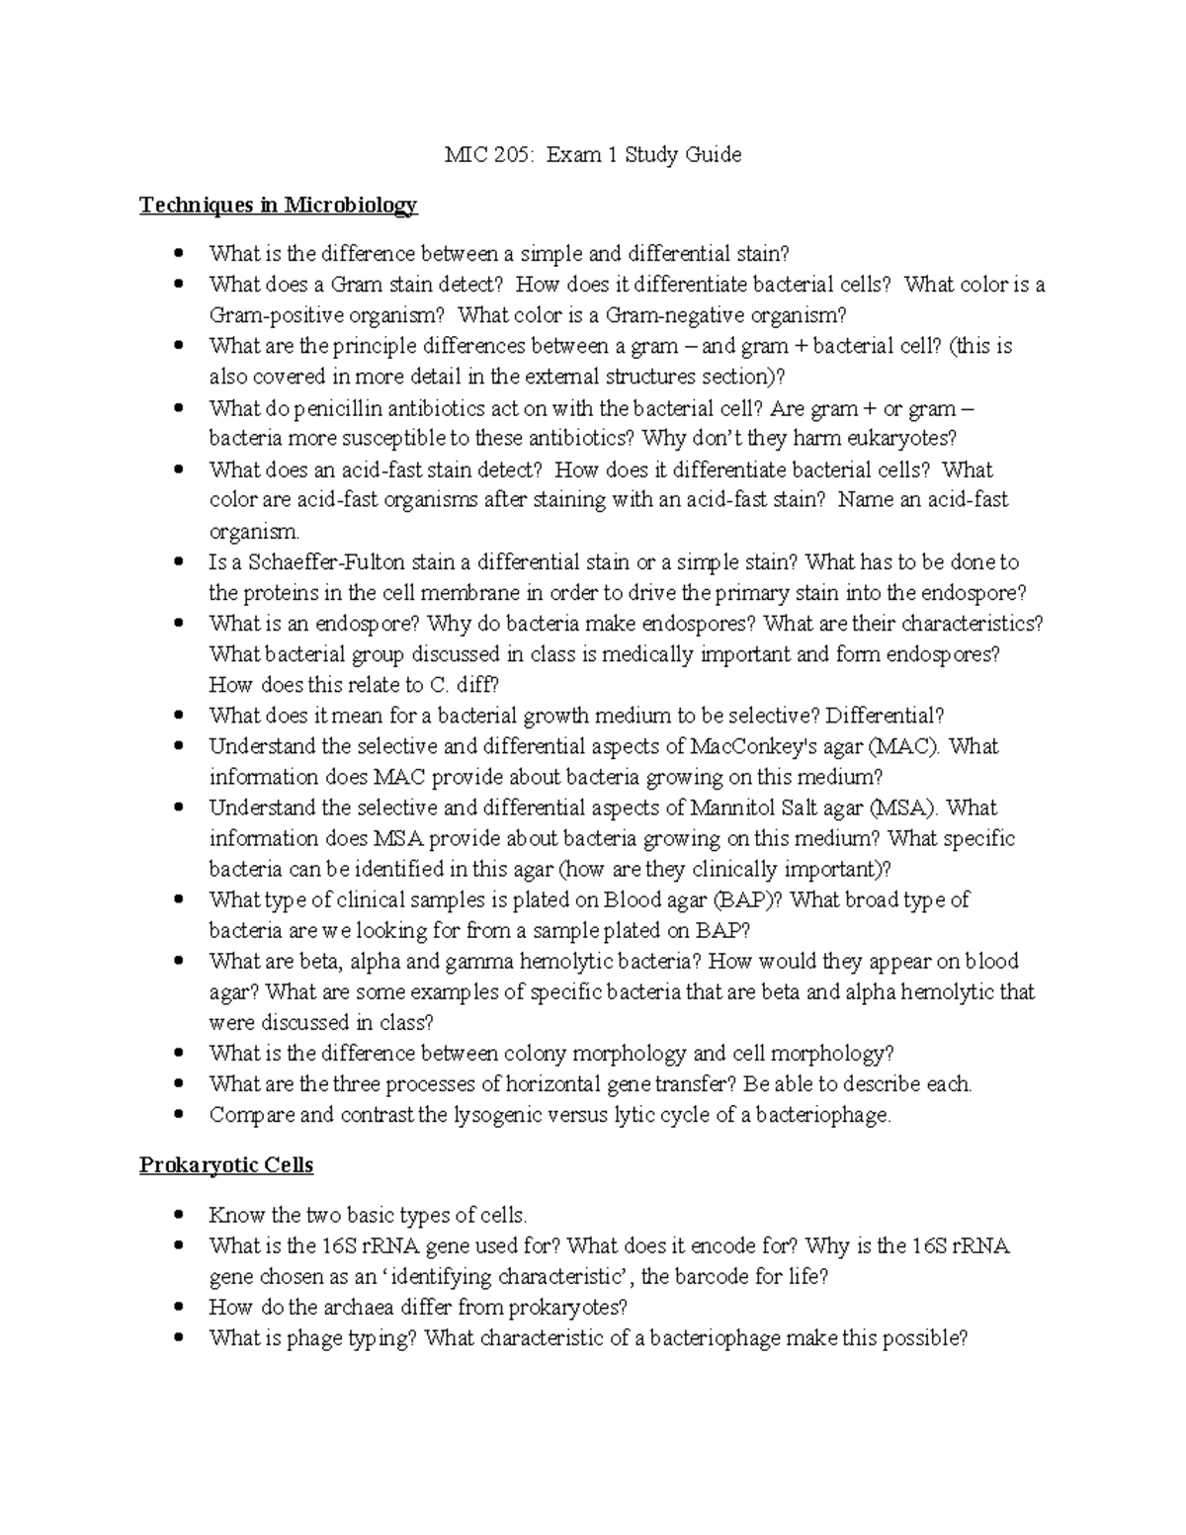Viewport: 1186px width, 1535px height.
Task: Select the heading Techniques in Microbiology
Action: tap(278, 206)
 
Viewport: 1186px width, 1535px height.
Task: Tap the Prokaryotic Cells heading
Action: tap(225, 1165)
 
